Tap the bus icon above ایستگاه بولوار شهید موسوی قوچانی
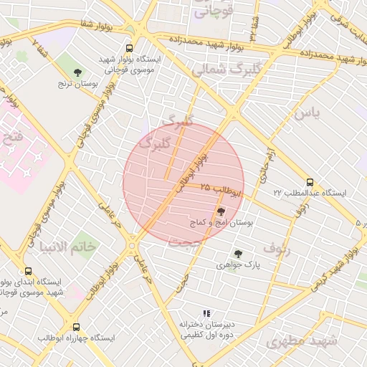click(129, 48)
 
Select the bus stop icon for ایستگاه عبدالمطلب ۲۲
click(310, 182)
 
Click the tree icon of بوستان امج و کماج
click(220, 211)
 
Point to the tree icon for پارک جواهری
click(238, 253)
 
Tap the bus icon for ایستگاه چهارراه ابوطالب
click(77, 328)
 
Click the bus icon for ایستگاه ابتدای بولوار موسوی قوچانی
click(28, 271)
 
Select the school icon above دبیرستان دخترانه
click(206, 313)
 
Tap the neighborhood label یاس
click(305, 113)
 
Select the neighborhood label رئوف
click(277, 248)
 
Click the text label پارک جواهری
click(238, 265)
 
